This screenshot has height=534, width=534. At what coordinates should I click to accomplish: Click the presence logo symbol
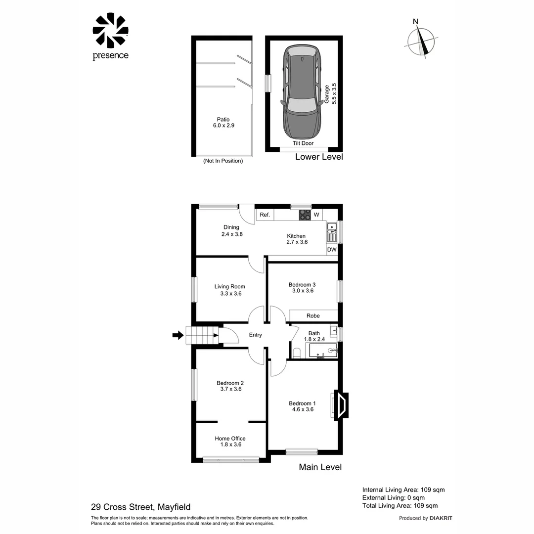(x=110, y=31)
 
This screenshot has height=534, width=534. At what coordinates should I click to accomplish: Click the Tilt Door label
(x=303, y=143)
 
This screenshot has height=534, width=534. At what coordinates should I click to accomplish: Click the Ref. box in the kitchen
(x=265, y=215)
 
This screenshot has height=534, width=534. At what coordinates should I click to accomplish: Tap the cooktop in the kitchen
(x=305, y=215)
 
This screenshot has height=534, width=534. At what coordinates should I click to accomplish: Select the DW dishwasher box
(x=332, y=250)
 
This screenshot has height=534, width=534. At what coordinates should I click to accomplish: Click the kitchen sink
(x=332, y=232)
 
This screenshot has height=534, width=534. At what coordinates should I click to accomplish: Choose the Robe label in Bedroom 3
(x=313, y=315)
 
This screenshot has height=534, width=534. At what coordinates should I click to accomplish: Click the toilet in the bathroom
(x=297, y=353)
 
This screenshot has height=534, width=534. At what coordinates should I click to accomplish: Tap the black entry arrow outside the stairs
(x=177, y=336)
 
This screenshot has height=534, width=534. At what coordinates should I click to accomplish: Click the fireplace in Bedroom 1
(x=341, y=405)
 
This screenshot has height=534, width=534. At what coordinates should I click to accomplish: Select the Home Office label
(x=230, y=442)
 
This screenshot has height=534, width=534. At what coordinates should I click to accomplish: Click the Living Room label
(x=229, y=290)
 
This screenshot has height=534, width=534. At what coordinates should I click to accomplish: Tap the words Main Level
(x=320, y=467)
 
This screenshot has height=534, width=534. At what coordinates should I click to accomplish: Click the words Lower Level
(x=319, y=157)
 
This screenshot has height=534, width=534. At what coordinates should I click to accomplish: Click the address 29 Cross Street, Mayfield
(x=140, y=507)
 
